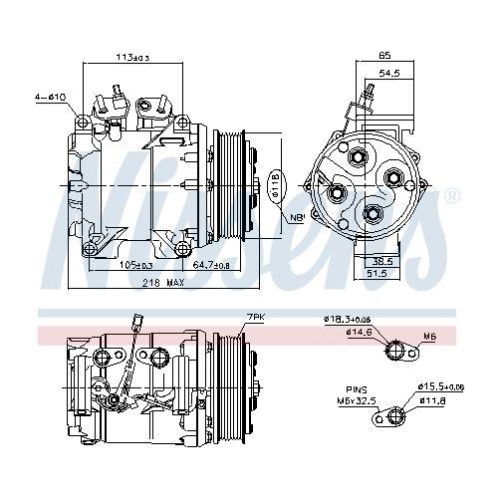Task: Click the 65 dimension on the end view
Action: [384, 56]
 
